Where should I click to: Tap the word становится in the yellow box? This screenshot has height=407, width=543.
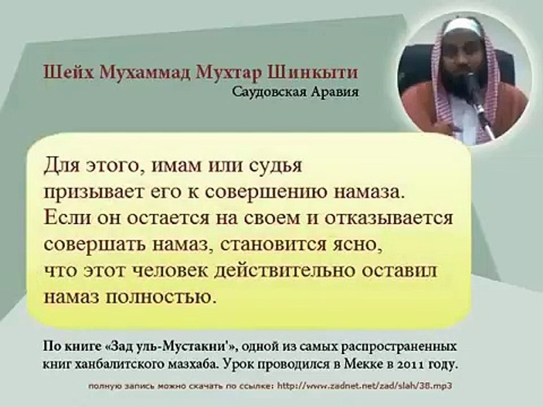[x=276, y=245]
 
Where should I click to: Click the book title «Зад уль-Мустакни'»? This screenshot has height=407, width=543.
[x=170, y=347]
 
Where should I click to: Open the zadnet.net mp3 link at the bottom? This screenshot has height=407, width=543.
[x=365, y=386]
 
